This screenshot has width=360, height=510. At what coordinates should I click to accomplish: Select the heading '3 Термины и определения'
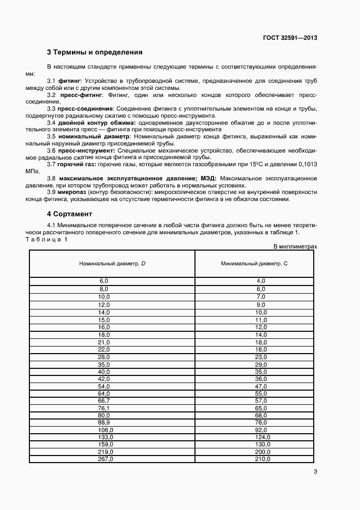point(95,53)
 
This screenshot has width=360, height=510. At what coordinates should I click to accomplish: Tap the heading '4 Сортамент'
point(70,214)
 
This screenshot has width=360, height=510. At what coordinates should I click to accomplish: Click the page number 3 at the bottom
point(315,472)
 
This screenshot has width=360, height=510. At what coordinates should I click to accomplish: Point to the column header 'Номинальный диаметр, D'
point(112,263)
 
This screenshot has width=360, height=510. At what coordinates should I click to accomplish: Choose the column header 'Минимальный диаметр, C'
point(254,263)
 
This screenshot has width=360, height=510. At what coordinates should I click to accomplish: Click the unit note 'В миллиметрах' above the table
point(295,246)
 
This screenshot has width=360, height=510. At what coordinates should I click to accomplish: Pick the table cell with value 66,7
point(104,400)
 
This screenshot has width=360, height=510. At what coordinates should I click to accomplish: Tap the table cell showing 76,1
point(104,408)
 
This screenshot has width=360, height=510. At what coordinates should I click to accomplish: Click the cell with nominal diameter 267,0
point(104,459)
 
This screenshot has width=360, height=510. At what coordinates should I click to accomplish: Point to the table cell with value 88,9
point(104,422)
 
